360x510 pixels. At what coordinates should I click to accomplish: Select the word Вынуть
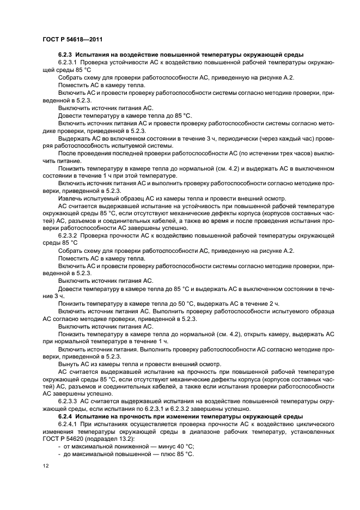coord(69,363)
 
